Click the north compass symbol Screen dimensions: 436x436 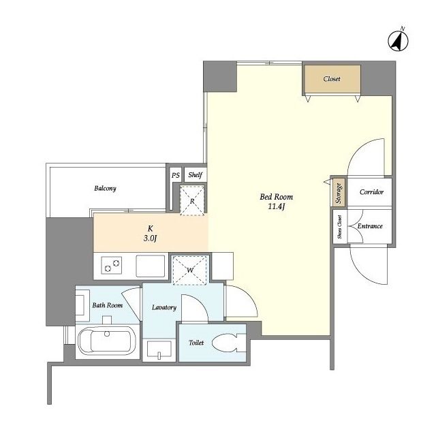[398, 40]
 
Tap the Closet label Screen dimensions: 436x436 [332, 79]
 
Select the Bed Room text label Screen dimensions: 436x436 [277, 197]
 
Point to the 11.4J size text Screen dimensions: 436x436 [277, 206]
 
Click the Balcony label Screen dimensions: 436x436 [105, 189]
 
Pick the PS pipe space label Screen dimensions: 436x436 [176, 175]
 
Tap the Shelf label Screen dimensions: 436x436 [196, 174]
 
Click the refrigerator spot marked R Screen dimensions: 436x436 [192, 200]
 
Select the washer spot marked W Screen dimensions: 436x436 [190, 270]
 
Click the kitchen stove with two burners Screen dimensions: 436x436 [111, 265]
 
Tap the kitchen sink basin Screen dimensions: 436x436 [150, 266]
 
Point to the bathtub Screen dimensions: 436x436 [107, 341]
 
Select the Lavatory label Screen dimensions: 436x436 [164, 307]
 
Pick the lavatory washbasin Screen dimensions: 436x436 [159, 349]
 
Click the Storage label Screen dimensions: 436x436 [339, 193]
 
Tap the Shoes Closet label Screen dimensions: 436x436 [339, 227]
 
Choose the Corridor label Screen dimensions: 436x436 [371, 192]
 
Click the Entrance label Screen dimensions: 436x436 [370, 226]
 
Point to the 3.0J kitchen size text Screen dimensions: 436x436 [151, 238]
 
